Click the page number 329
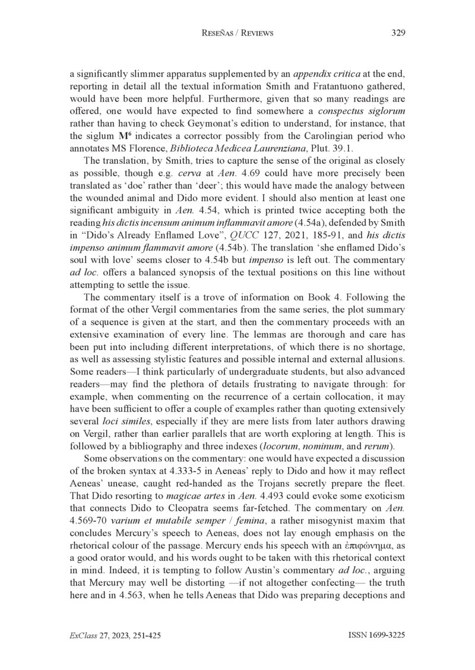pos(398,33)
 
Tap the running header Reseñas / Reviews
pos(237,33)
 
